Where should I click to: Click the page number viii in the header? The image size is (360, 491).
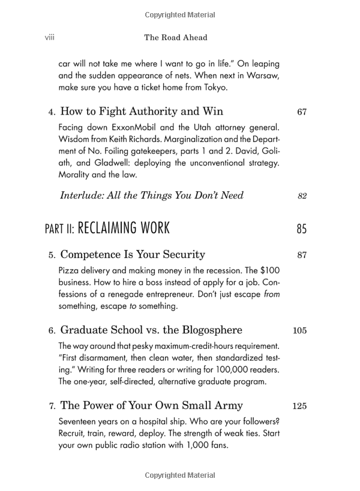(50, 37)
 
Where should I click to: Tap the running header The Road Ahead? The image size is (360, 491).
(176, 37)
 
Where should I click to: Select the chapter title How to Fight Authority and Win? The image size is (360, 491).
(142, 112)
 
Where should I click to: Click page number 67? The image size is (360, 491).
(302, 112)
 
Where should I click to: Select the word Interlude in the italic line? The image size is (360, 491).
(83, 195)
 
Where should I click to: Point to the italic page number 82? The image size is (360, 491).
(302, 196)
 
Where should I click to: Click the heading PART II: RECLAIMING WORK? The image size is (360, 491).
(107, 228)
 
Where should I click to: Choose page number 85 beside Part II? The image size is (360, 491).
(301, 229)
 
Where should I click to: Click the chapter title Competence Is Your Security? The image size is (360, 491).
(133, 255)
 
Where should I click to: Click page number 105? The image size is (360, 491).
(300, 330)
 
